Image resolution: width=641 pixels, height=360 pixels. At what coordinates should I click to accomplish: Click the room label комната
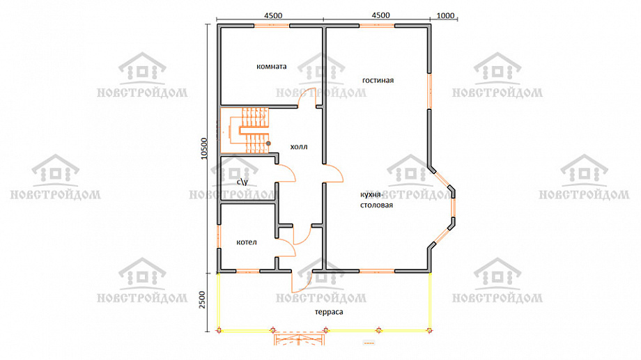(x=272, y=66)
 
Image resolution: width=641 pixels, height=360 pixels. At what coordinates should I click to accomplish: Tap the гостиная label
(x=378, y=80)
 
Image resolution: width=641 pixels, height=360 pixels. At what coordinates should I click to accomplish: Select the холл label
(x=299, y=147)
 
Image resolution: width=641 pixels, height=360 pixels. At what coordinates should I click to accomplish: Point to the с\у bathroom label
(x=242, y=182)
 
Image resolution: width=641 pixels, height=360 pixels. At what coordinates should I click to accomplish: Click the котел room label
(x=247, y=242)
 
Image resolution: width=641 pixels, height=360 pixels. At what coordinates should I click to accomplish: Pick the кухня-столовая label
(x=376, y=200)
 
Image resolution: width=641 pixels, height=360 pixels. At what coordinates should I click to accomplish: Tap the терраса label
(x=329, y=312)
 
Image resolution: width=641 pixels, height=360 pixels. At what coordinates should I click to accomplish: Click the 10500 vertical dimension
(x=204, y=148)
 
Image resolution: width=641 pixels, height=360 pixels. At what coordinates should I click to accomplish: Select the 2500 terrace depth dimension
(x=203, y=300)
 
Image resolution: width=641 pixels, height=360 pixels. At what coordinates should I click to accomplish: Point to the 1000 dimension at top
(x=446, y=15)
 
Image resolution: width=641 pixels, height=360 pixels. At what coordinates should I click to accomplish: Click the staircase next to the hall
(x=245, y=130)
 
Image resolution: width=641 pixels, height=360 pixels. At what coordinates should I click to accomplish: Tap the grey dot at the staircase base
(x=268, y=143)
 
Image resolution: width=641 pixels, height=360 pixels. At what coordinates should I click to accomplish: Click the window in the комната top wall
(x=272, y=26)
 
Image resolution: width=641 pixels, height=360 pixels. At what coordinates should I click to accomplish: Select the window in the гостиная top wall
(x=378, y=26)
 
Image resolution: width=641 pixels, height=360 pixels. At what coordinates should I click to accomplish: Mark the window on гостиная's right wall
(x=430, y=91)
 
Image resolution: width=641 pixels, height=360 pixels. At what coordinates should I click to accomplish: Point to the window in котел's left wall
(x=219, y=236)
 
